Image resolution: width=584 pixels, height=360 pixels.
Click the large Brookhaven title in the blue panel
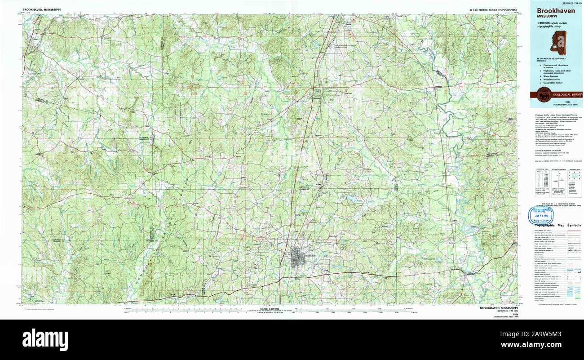(x=556, y=10)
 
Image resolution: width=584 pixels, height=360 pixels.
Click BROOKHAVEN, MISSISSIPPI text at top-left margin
(x=40, y=9)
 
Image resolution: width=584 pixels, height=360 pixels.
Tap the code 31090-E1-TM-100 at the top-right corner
(x=569, y=2)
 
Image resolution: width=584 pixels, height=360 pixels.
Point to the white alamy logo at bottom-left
(x=45, y=338)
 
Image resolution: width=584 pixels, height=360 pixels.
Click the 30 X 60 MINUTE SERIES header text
(x=492, y=9)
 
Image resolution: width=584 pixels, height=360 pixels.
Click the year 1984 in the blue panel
(x=567, y=102)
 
